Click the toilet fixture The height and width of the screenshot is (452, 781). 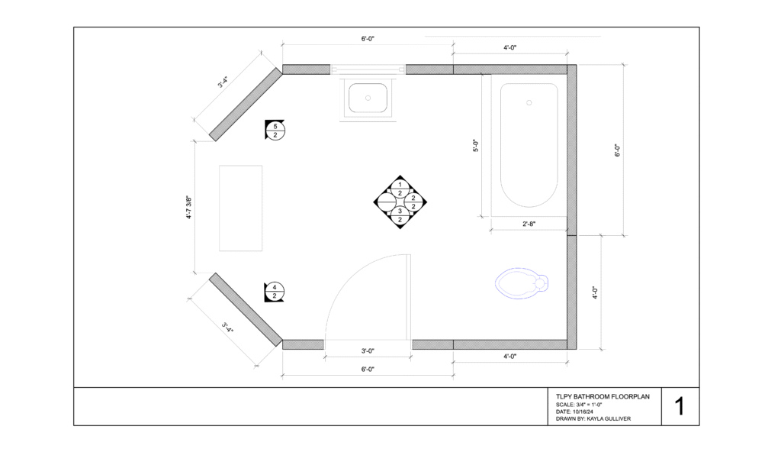click(522, 283)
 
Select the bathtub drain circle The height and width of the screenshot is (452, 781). click(529, 103)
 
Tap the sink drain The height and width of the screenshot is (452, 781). click(368, 98)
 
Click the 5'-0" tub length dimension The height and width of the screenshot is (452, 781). click(476, 145)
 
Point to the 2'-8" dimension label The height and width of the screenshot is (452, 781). click(529, 224)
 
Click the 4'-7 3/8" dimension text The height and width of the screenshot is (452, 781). click(189, 207)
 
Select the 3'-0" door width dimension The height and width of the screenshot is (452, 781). click(368, 350)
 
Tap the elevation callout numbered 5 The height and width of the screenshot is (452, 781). click(275, 131)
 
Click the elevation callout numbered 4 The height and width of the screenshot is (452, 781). click(275, 292)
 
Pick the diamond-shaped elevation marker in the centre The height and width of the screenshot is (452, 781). click(400, 202)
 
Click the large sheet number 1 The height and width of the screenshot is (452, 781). click(680, 407)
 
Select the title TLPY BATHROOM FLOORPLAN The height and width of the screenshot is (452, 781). click(603, 396)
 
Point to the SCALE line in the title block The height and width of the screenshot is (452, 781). click(579, 405)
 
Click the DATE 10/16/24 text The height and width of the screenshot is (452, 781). click(574, 412)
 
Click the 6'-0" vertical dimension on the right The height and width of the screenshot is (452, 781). click(618, 150)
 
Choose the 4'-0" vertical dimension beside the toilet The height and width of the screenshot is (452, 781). click(595, 292)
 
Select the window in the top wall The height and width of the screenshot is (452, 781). click(368, 69)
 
